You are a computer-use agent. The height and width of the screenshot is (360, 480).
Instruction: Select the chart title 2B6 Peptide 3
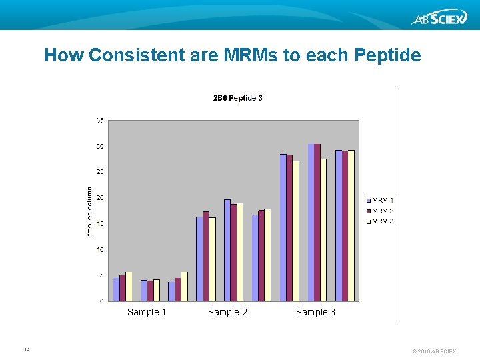237,98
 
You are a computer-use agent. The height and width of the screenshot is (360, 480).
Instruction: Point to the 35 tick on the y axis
99,121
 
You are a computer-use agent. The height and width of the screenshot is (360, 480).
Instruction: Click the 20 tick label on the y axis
99,198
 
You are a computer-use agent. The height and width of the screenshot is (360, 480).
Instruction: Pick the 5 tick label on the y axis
101,275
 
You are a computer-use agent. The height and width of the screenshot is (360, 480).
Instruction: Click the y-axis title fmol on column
89,211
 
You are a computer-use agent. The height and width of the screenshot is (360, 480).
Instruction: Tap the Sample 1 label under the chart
147,312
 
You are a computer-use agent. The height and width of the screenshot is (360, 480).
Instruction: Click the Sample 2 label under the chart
227,312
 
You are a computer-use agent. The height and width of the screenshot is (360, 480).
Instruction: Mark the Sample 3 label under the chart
315,312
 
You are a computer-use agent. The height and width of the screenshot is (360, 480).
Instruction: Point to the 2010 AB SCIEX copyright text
434,351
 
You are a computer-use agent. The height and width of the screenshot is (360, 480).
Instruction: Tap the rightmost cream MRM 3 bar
351,225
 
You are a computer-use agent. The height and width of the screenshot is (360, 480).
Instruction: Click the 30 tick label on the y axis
99,147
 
